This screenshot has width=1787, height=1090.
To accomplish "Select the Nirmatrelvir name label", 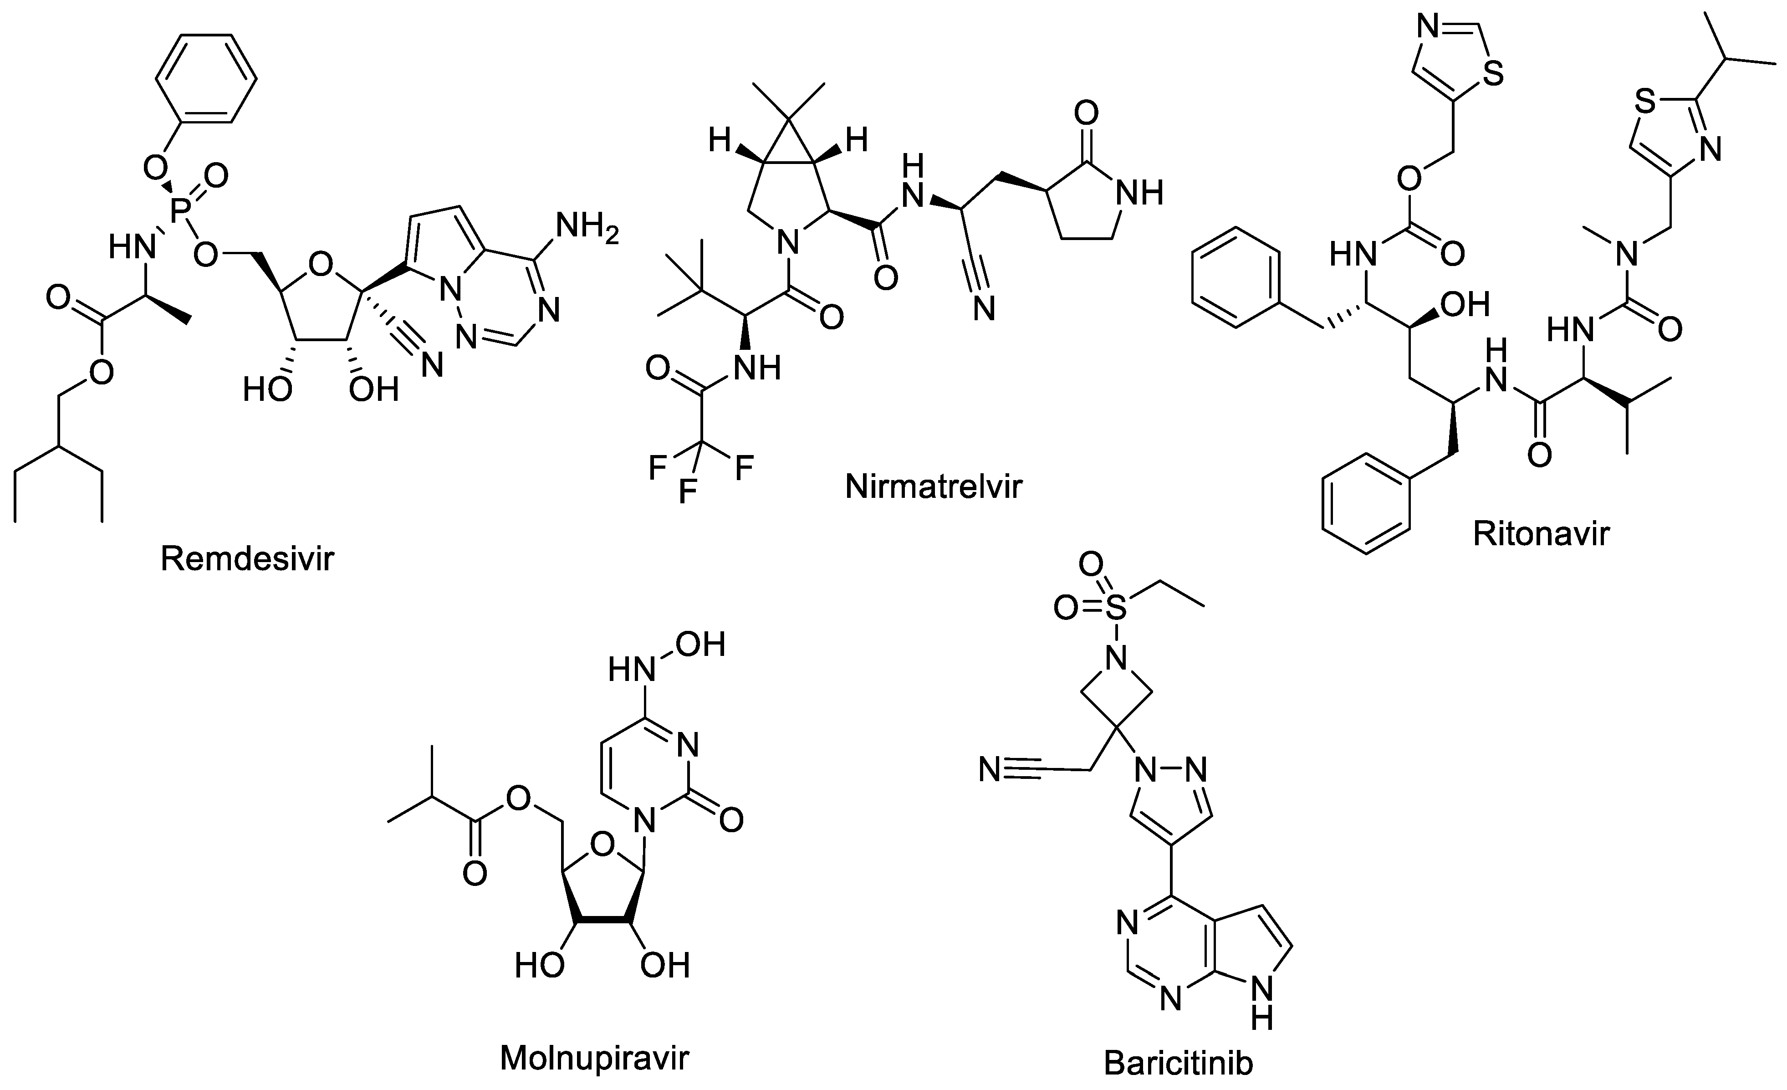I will click(x=934, y=486).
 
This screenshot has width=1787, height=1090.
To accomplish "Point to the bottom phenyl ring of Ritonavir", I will click(x=1366, y=504).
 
